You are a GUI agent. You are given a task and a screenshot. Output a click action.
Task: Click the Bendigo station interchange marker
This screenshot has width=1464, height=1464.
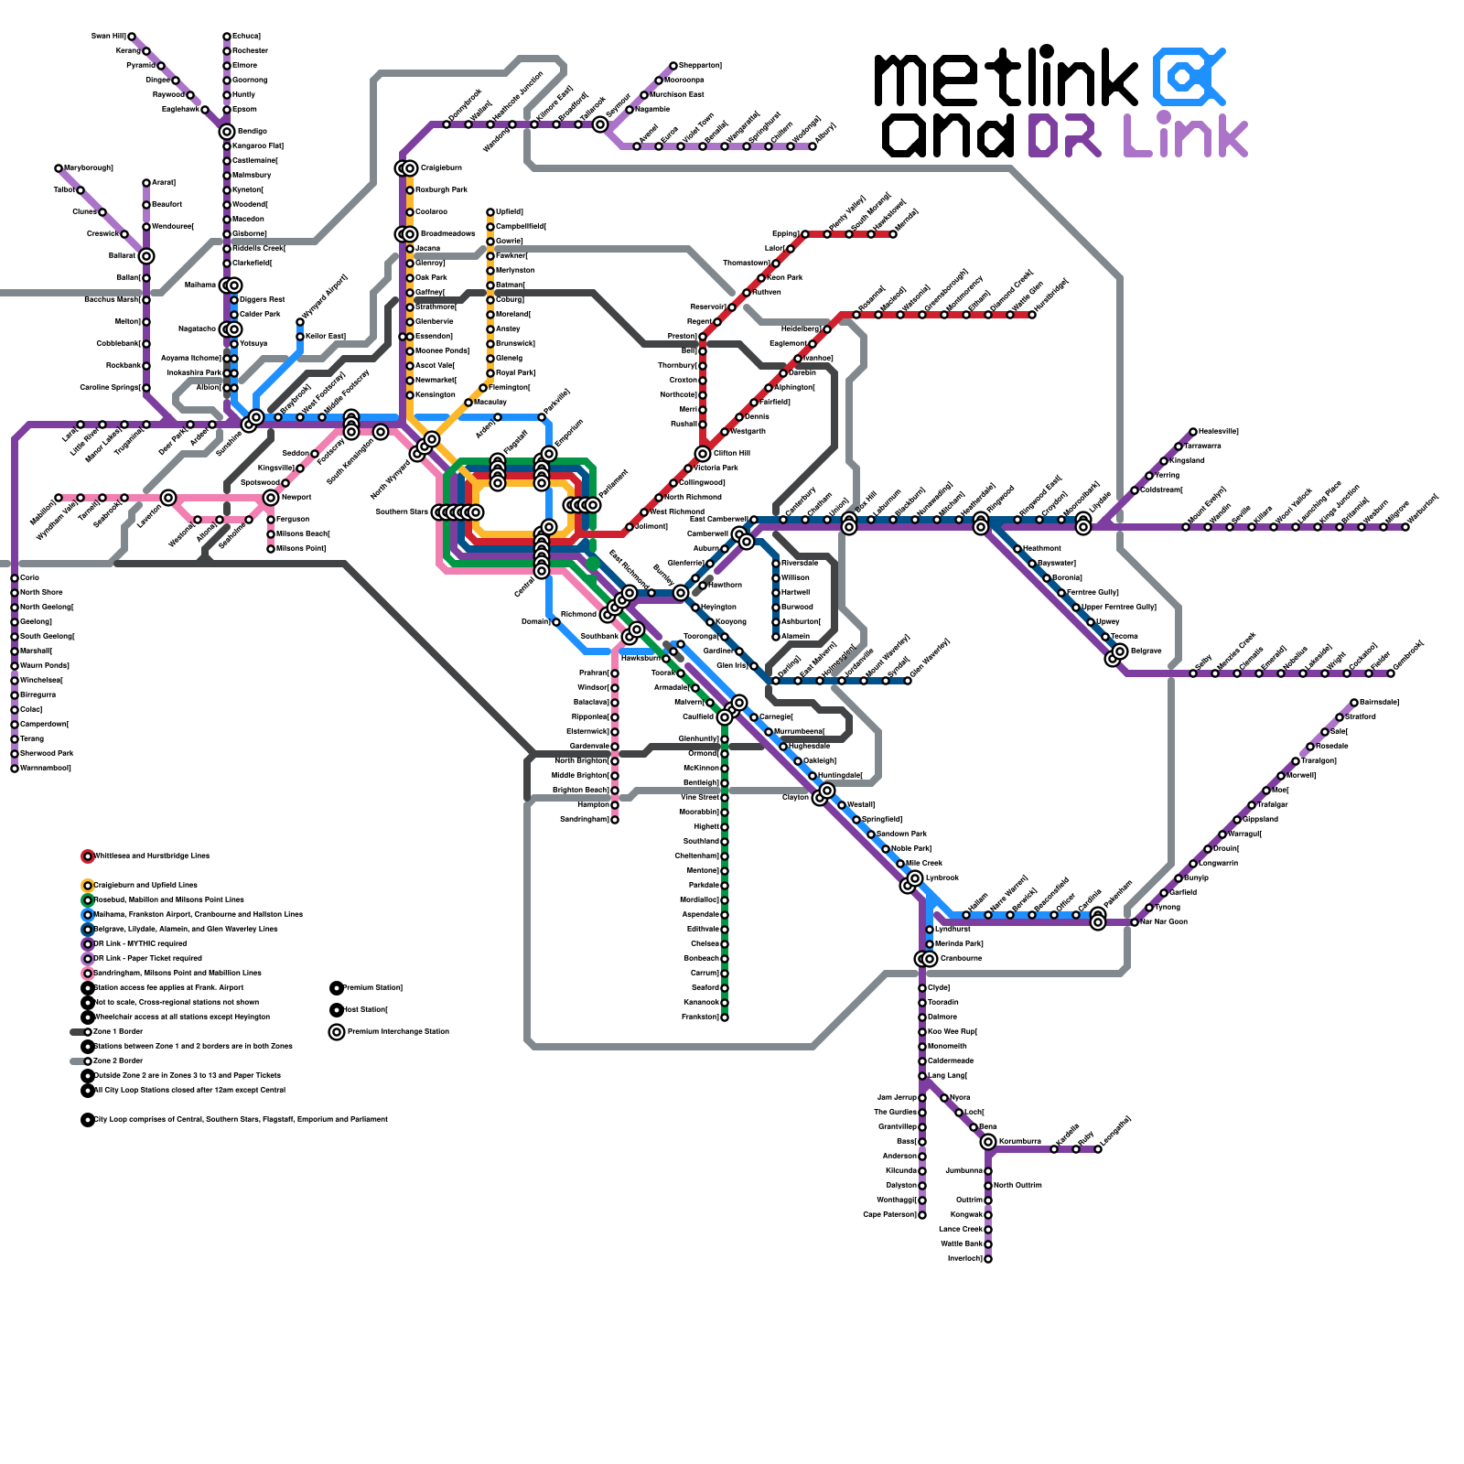pyautogui.click(x=227, y=132)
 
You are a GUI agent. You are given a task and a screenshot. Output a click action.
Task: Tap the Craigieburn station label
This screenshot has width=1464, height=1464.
pyautogui.click(x=441, y=168)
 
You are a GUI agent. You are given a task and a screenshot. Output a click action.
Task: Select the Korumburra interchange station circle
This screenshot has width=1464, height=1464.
pyautogui.click(x=988, y=1142)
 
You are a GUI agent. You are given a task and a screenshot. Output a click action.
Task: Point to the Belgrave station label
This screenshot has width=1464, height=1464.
pyautogui.click(x=1146, y=651)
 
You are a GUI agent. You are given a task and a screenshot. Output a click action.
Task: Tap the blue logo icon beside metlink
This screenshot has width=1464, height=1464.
pyautogui.click(x=1188, y=77)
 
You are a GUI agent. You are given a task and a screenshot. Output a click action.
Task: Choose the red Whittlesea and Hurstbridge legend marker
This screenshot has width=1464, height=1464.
pyautogui.click(x=88, y=856)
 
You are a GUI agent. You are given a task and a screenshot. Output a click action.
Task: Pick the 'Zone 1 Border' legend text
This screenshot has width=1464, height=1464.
pyautogui.click(x=118, y=1032)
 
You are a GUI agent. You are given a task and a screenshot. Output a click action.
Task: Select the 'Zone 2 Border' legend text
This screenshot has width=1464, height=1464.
pyautogui.click(x=118, y=1061)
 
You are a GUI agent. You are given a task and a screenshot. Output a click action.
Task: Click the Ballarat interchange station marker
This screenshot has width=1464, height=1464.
pyautogui.click(x=146, y=256)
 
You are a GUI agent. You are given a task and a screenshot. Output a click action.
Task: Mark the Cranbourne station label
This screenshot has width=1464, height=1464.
pyautogui.click(x=961, y=959)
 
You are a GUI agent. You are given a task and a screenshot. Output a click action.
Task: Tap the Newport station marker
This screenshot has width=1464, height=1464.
pyautogui.click(x=271, y=498)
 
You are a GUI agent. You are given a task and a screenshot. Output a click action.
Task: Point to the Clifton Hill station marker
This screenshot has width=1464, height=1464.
pyautogui.click(x=703, y=454)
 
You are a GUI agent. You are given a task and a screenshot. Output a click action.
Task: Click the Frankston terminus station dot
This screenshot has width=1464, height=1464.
pyautogui.click(x=725, y=1017)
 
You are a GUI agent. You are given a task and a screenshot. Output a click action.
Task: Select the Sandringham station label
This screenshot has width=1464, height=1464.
pyautogui.click(x=584, y=820)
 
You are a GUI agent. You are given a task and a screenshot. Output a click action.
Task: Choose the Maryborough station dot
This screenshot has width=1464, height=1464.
pyautogui.click(x=59, y=168)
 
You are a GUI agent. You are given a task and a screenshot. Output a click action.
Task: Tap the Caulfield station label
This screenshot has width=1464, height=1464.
pyautogui.click(x=698, y=717)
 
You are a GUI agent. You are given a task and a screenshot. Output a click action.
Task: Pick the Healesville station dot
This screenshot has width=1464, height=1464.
pyautogui.click(x=1193, y=432)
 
